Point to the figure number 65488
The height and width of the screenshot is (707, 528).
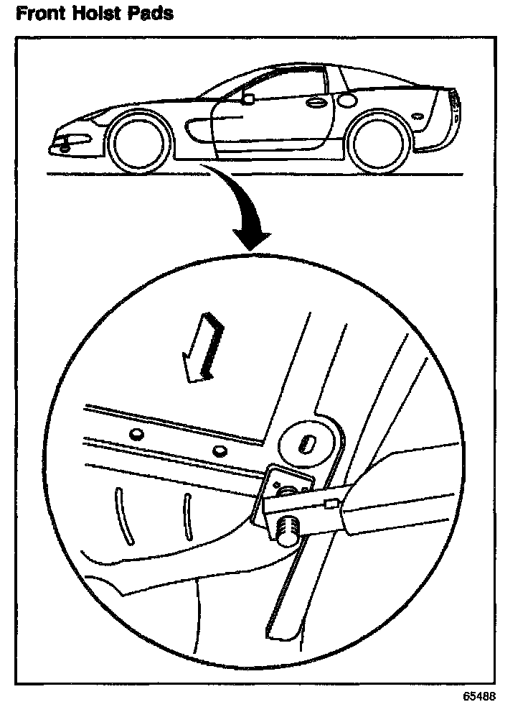point(478,696)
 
